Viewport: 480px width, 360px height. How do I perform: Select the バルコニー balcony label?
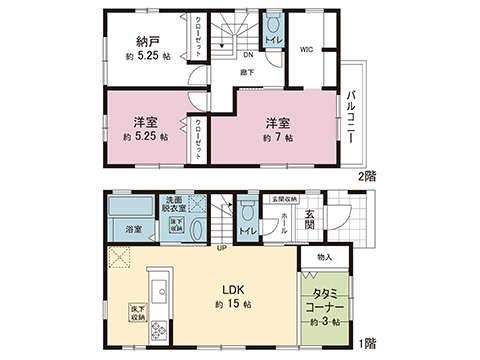(x=352, y=116)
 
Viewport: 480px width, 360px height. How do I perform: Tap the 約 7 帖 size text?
(x=276, y=139)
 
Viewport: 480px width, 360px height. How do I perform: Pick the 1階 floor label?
(x=368, y=341)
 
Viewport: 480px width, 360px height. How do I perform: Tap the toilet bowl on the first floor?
(x=245, y=213)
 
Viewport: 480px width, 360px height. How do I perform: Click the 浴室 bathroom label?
(x=133, y=230)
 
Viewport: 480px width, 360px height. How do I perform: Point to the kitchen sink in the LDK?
(x=157, y=279)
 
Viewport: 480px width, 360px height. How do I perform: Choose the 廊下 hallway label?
(x=244, y=73)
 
